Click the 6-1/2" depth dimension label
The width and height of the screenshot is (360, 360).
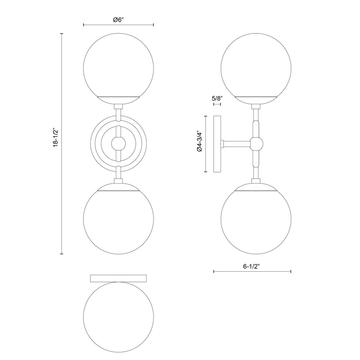pyautogui.click(x=251, y=266)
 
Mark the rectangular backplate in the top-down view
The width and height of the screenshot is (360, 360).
pyautogui.click(x=118, y=278)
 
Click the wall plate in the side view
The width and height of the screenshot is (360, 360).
pyautogui.click(x=217, y=144)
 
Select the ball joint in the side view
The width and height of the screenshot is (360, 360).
pyautogui.click(x=256, y=144)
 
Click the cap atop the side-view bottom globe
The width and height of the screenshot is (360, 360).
pyautogui.click(x=256, y=188)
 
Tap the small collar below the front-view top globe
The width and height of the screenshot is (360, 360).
pyautogui.click(x=118, y=106)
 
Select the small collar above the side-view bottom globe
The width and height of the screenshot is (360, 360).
pyautogui.click(x=256, y=181)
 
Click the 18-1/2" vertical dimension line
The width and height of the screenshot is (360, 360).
pyautogui.click(x=62, y=196)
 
